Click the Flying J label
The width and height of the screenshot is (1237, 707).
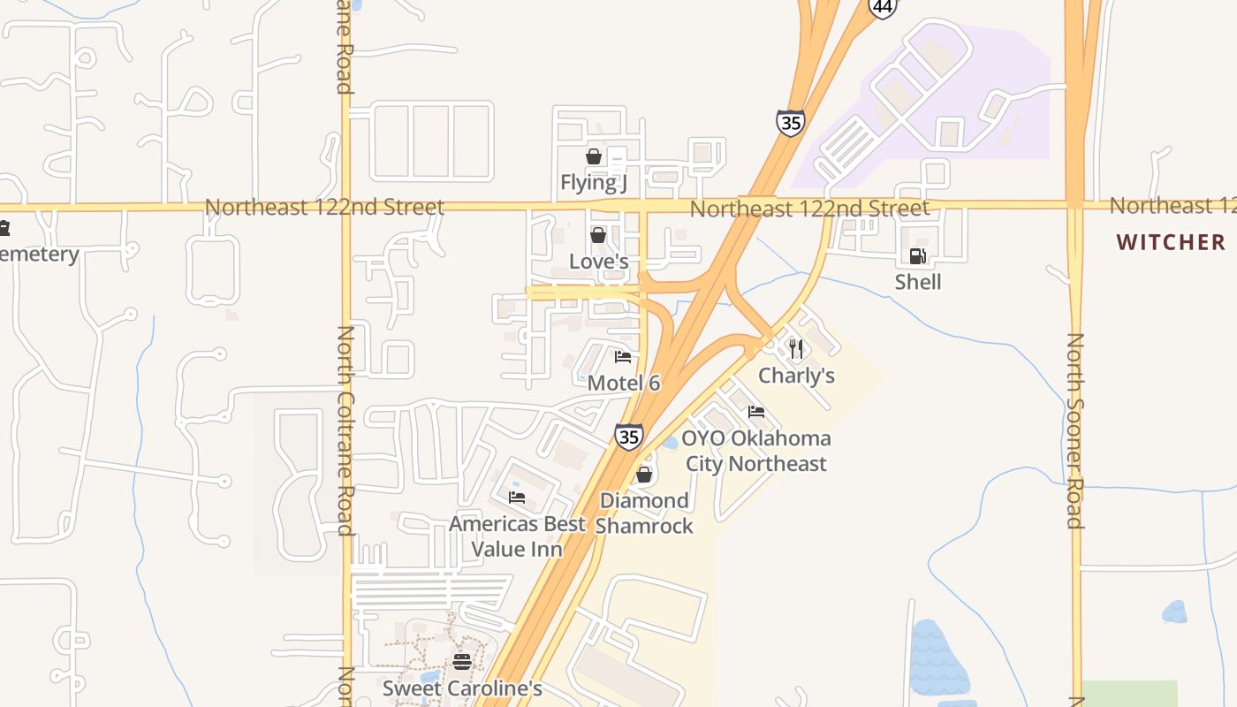594,183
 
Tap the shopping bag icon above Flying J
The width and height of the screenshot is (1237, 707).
594,156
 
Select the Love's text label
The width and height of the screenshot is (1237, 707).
598,262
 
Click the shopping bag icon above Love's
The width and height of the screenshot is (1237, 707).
598,235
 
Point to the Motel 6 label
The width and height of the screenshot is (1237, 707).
624,384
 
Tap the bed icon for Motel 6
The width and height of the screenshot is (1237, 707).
623,357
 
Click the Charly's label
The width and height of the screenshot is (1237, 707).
796,376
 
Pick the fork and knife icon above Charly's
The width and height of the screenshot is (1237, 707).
796,348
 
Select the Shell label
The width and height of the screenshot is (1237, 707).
918,282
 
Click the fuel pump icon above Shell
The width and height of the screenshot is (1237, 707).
918,256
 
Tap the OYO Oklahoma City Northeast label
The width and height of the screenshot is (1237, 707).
756,451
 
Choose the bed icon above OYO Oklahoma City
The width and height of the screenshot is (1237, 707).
755,412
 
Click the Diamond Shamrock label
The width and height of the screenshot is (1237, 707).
644,513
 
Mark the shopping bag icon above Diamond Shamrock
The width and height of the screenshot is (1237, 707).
644,475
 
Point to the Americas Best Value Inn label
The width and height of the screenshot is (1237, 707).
517,536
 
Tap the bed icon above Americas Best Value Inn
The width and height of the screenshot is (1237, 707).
517,498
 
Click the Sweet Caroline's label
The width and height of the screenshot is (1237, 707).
461,688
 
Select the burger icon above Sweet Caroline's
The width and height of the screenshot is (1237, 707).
461,661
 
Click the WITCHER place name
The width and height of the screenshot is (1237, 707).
1171,242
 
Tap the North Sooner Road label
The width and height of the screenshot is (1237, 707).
1075,430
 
